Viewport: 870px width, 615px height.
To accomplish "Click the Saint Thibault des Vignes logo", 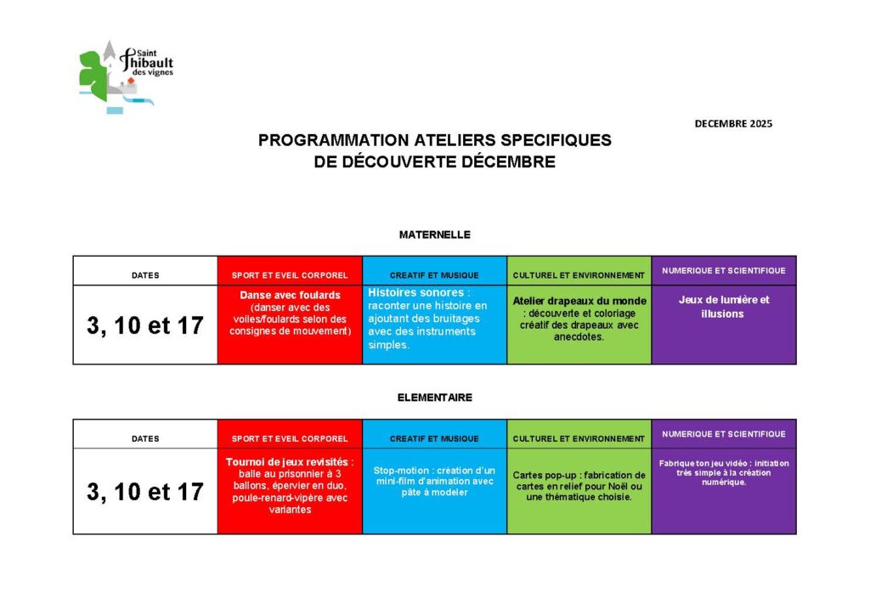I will (125, 76).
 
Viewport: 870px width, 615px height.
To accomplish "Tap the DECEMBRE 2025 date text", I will (733, 123).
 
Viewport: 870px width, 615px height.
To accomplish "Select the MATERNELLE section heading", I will (434, 234).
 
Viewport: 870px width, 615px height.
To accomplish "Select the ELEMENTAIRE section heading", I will (434, 397).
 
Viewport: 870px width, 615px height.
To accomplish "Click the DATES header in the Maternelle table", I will (145, 275).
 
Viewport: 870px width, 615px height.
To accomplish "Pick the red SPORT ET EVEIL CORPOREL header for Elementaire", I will (290, 438).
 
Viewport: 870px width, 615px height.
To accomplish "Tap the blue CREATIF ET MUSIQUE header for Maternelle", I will (434, 275).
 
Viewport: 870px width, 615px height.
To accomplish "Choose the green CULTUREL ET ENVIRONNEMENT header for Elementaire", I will (579, 438).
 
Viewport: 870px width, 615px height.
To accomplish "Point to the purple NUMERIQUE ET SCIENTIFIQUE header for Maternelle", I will (724, 271).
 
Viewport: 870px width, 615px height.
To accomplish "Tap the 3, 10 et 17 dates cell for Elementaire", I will (145, 491).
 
